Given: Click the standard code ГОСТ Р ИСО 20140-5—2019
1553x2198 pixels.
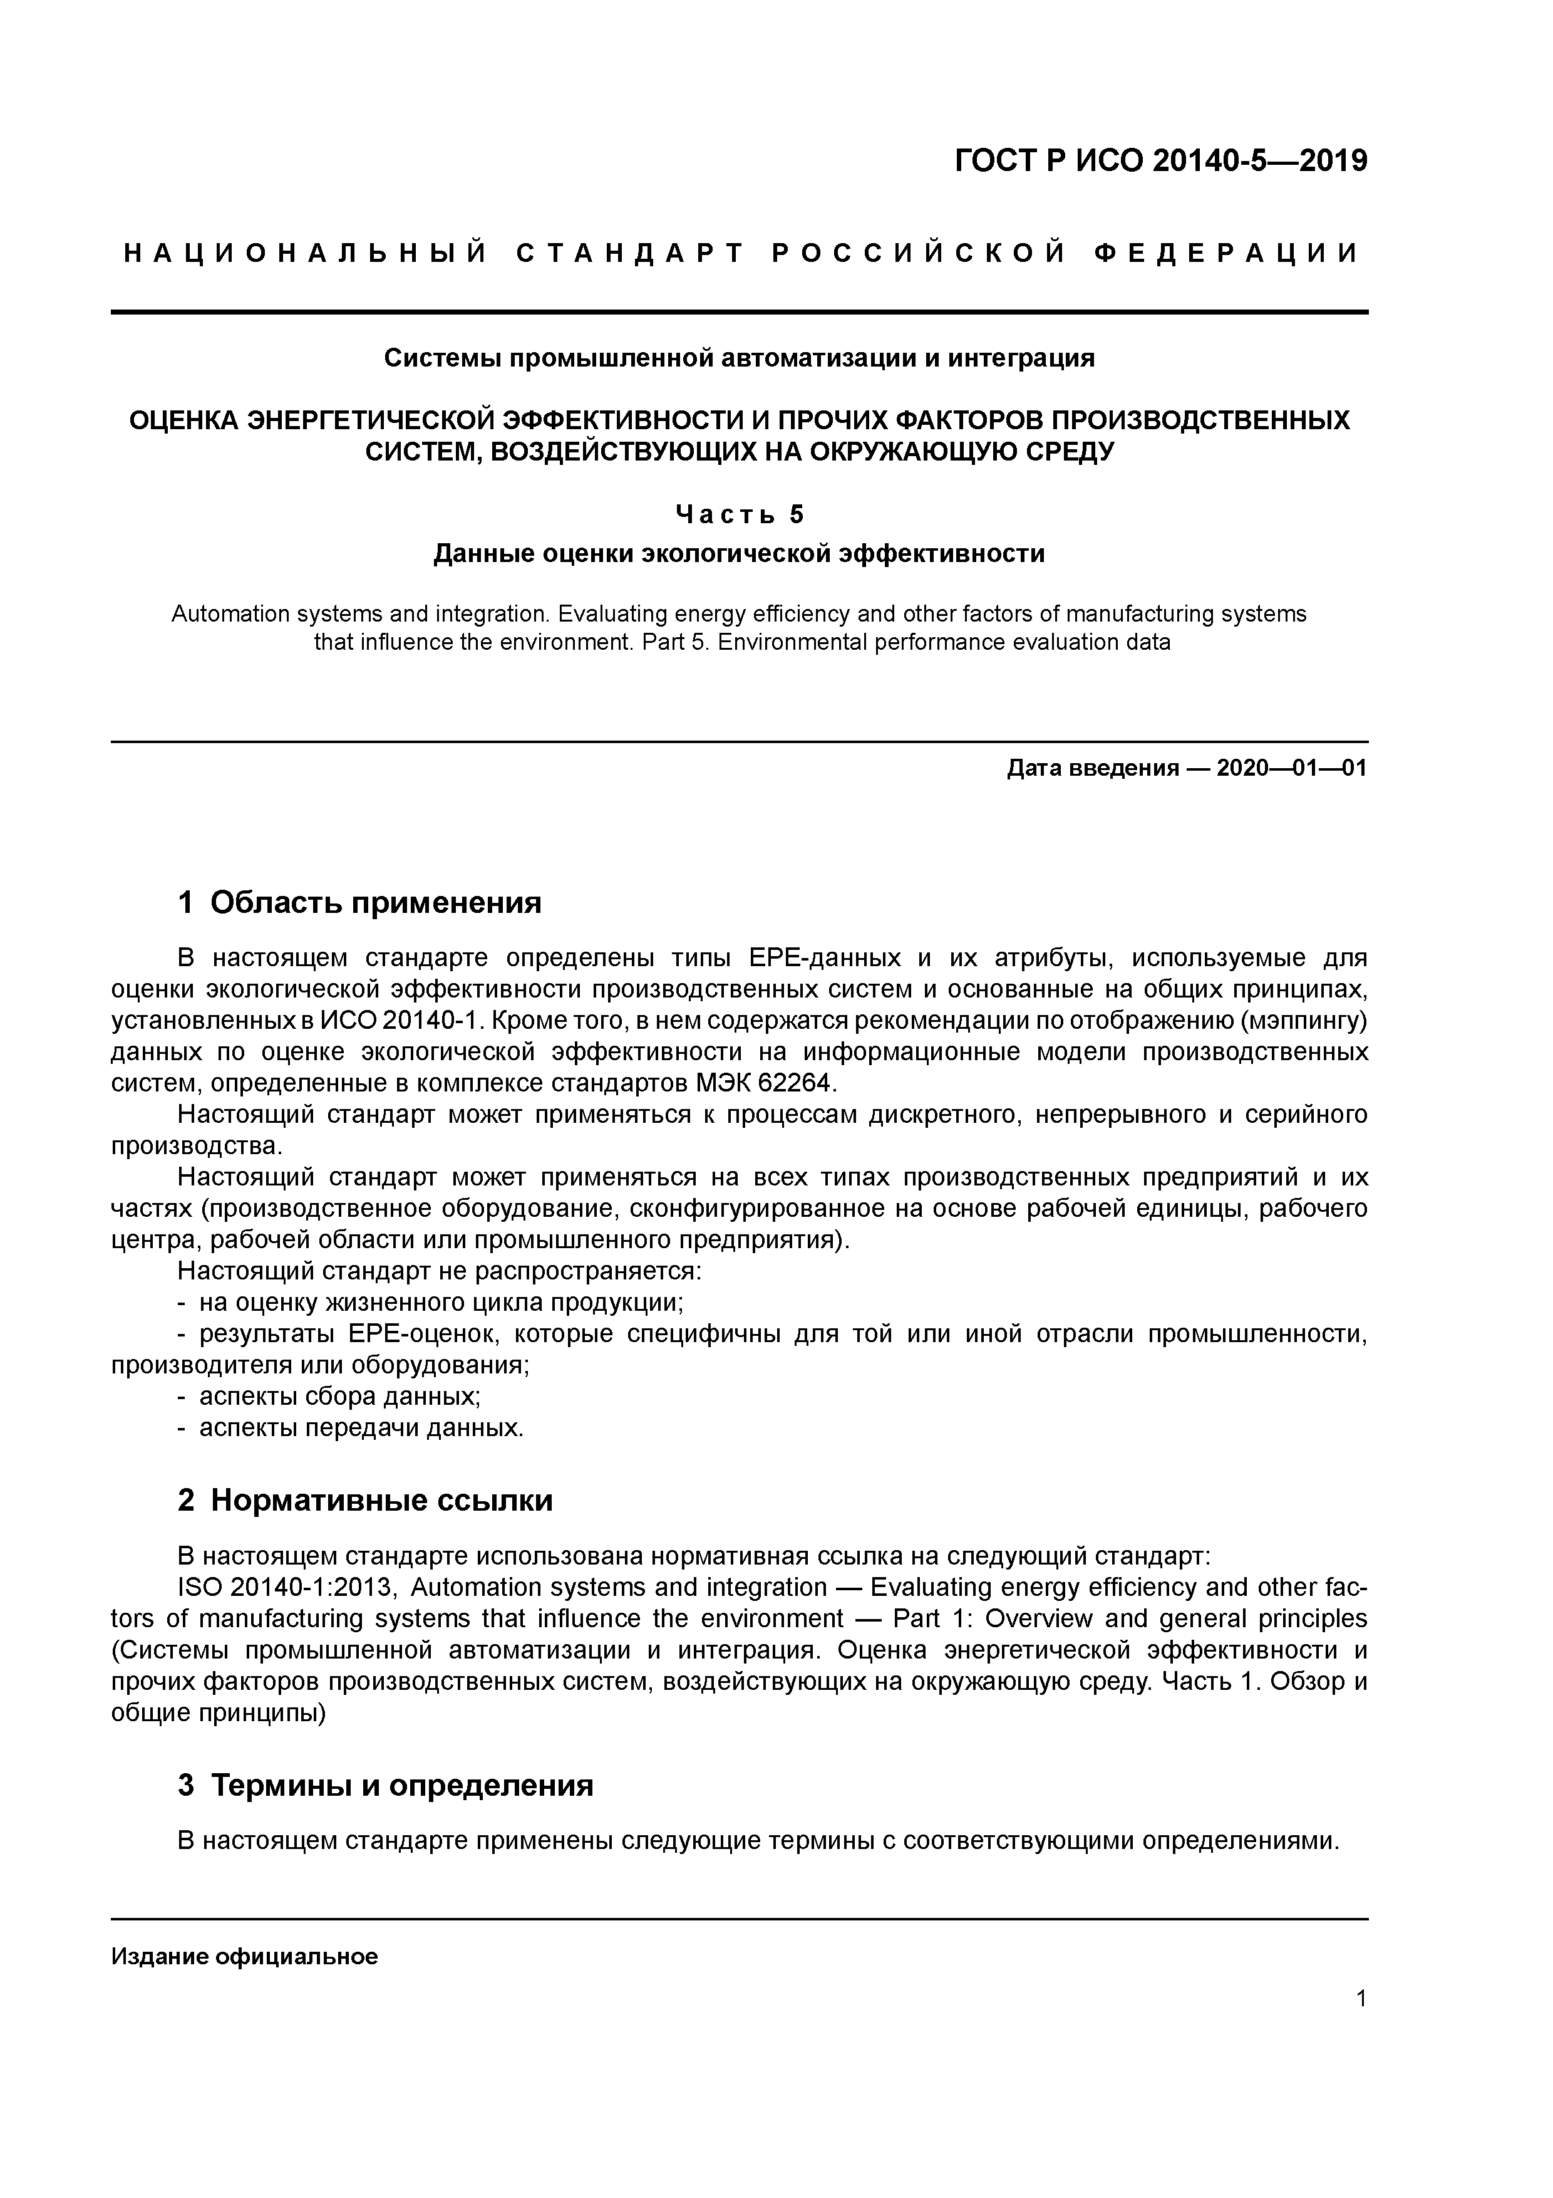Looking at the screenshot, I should (x=1161, y=161).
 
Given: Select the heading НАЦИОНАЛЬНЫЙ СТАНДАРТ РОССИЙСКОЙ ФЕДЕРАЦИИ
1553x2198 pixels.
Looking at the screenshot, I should (x=740, y=254).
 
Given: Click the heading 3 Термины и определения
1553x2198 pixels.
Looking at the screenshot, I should (x=386, y=1785).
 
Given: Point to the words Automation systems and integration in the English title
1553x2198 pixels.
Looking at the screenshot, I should (x=361, y=613).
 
